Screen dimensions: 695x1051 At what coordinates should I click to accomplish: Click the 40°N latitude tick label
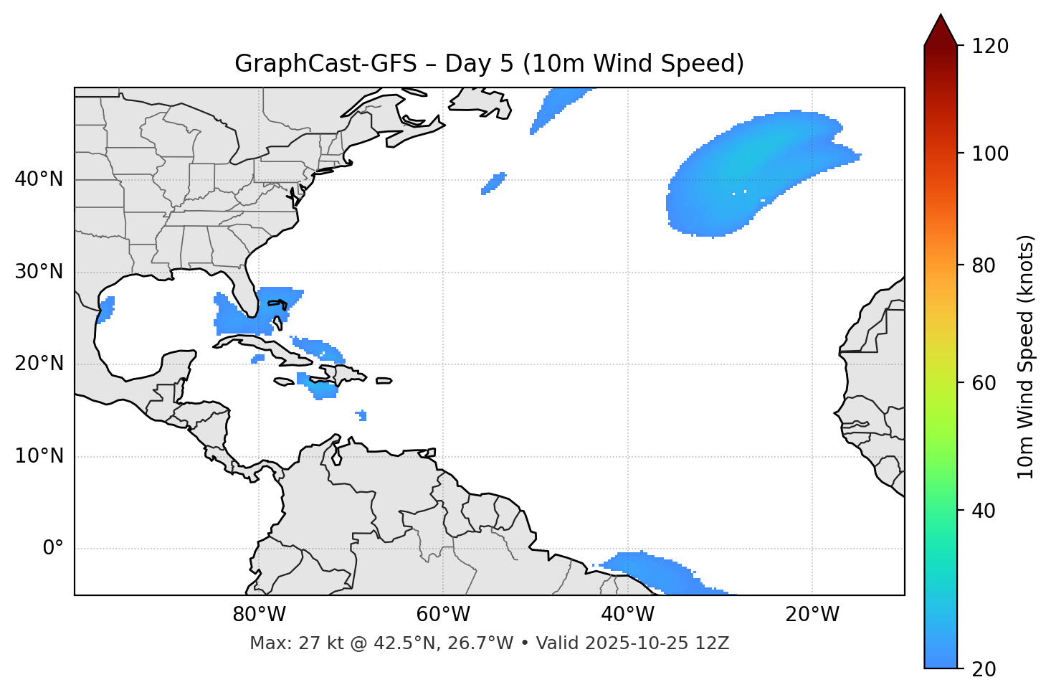pyautogui.click(x=39, y=179)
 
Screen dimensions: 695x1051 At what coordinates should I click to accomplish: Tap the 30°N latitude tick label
pyautogui.click(x=39, y=272)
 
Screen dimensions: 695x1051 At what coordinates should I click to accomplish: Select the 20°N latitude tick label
pyautogui.click(x=39, y=364)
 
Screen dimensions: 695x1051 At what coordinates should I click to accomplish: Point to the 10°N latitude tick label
pyautogui.click(x=39, y=456)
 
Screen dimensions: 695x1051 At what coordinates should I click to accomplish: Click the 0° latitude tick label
pyautogui.click(x=53, y=549)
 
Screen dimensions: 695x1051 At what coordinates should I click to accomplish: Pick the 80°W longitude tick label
pyautogui.click(x=259, y=615)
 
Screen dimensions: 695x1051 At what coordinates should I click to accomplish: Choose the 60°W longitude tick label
pyautogui.click(x=443, y=615)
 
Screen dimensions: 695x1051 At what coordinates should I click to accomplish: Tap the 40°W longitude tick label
pyautogui.click(x=627, y=615)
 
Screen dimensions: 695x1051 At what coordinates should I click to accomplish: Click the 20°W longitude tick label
pyautogui.click(x=812, y=615)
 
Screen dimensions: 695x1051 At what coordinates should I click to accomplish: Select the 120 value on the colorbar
pyautogui.click(x=990, y=47)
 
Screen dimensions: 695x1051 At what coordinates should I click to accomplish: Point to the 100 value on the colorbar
pyautogui.click(x=990, y=153)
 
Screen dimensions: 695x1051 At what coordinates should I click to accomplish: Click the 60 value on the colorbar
pyautogui.click(x=984, y=383)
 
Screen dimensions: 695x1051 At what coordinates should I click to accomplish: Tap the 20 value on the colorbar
pyautogui.click(x=984, y=669)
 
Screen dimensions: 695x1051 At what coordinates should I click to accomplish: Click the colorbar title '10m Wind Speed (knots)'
pyautogui.click(x=1026, y=356)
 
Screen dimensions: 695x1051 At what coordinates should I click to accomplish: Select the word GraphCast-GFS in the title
pyautogui.click(x=325, y=64)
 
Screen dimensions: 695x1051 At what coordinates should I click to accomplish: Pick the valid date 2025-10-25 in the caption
pyautogui.click(x=632, y=643)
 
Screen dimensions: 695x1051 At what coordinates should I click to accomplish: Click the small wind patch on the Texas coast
pyautogui.click(x=106, y=309)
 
